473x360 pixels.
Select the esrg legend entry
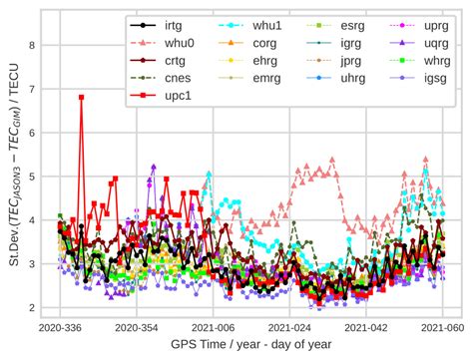point(351,24)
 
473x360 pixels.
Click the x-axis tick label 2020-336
point(61,327)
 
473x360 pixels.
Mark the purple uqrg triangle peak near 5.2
point(154,167)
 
